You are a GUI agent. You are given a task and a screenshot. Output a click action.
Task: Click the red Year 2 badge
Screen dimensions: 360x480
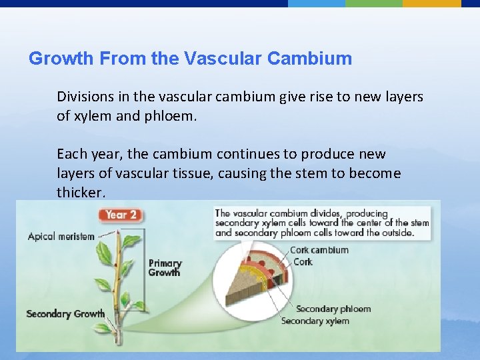(121, 215)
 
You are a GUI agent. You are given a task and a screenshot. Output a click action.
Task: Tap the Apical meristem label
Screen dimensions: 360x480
(61, 237)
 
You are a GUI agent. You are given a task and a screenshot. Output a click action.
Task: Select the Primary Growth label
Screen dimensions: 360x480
(164, 268)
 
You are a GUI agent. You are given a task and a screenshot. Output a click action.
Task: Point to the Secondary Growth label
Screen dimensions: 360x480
(65, 314)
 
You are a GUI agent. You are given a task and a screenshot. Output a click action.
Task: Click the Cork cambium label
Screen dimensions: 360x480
(319, 250)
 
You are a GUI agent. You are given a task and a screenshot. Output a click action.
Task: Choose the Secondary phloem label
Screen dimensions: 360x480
(333, 309)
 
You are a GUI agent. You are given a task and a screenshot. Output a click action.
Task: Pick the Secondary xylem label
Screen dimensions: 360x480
(315, 321)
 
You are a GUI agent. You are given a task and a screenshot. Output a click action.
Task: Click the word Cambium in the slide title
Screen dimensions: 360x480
(309, 59)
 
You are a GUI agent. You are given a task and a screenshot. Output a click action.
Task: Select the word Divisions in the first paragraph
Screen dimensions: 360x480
(85, 97)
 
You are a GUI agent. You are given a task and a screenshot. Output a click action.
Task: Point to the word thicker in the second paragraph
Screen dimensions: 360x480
(79, 193)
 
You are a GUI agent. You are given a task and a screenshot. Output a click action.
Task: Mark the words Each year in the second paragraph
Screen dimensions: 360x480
(85, 154)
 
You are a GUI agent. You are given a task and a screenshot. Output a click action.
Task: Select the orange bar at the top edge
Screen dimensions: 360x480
(431, 3)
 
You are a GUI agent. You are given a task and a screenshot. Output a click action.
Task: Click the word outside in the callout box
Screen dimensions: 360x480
(397, 233)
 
